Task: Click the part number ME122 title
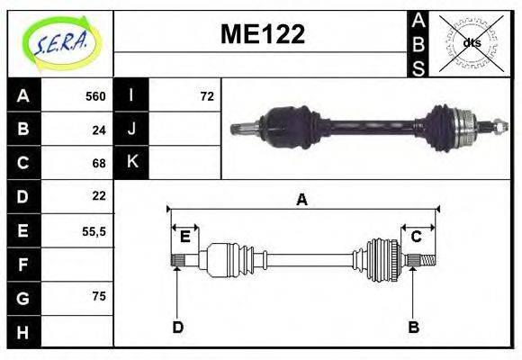pyautogui.click(x=263, y=35)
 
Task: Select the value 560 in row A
pyautogui.click(x=95, y=96)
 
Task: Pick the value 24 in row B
pyautogui.click(x=99, y=130)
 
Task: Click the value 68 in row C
pyautogui.click(x=99, y=163)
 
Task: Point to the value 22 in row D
pyautogui.click(x=99, y=195)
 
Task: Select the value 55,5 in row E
pyautogui.click(x=94, y=230)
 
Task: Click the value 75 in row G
pyautogui.click(x=99, y=296)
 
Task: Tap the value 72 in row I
pyautogui.click(x=207, y=96)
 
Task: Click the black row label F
pyautogui.click(x=22, y=265)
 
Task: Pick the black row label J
pyautogui.click(x=131, y=130)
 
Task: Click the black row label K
pyautogui.click(x=131, y=163)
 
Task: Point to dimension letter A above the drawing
pyautogui.click(x=301, y=200)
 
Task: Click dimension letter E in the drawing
pyautogui.click(x=184, y=237)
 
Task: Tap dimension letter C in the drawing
pyautogui.click(x=417, y=237)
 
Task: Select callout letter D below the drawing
pyautogui.click(x=177, y=327)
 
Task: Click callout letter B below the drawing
pyautogui.click(x=413, y=327)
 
